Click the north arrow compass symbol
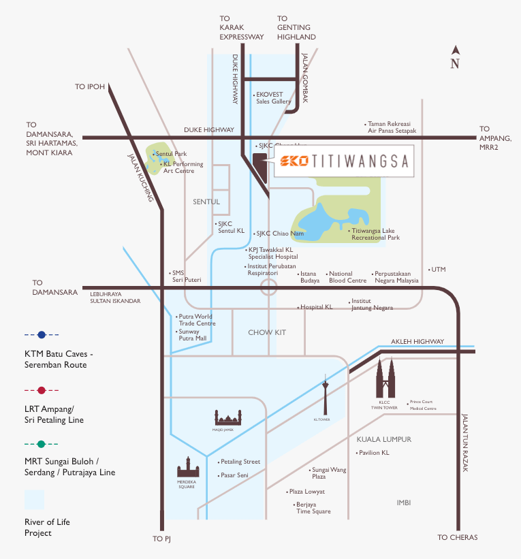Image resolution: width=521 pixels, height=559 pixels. pos(455,57)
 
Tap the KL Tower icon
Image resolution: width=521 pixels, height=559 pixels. pos(326,395)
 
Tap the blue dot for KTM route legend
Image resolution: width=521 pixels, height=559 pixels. pos(42,335)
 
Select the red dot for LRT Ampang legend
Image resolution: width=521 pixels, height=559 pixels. pos(42,390)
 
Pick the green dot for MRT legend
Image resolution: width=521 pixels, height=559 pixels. pos(42,445)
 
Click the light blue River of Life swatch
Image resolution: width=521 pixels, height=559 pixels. pos(35,499)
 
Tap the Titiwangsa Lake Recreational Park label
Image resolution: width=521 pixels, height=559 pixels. pos(375,234)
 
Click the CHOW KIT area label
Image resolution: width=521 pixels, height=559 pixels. pos(267,332)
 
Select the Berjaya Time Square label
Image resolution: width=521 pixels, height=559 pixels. pos(313,508)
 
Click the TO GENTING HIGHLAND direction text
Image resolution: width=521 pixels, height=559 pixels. pos(296,28)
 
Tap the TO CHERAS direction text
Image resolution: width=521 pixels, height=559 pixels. pos(458,537)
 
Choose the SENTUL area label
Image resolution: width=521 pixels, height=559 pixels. pos(206,202)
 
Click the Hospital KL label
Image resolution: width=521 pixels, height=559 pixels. pos(317,307)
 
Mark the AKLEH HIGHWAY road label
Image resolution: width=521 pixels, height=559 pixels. pos(417,342)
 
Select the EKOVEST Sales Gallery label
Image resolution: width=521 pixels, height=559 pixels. pos(274,98)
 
